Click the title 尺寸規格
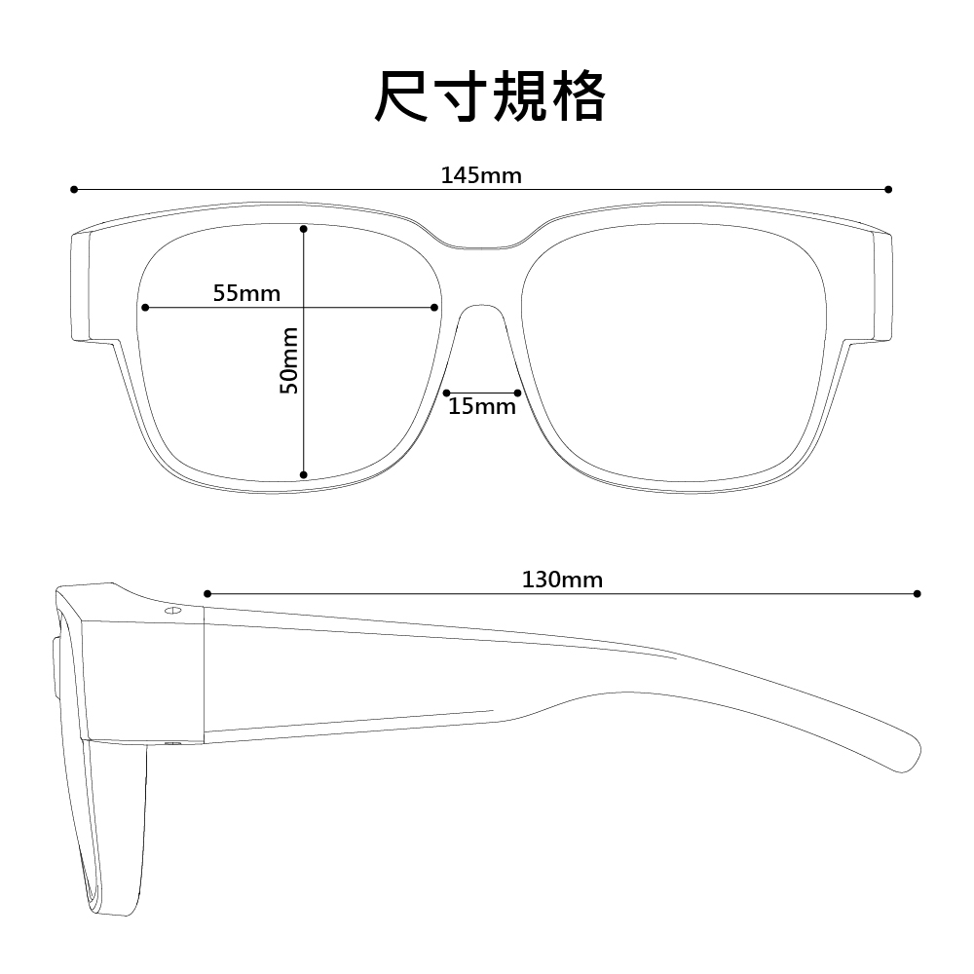pyautogui.click(x=490, y=96)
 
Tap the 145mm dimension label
pyautogui.click(x=481, y=175)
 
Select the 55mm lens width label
pyautogui.click(x=246, y=293)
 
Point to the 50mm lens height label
pyautogui.click(x=289, y=360)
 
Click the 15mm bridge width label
pyautogui.click(x=482, y=407)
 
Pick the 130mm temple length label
pyautogui.click(x=562, y=580)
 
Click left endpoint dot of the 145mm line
pyautogui.click(x=74, y=190)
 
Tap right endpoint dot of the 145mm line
pyautogui.click(x=888, y=190)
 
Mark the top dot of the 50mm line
pyautogui.click(x=304, y=229)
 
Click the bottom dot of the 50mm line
pyautogui.click(x=304, y=475)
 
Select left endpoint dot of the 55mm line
pyautogui.click(x=145, y=308)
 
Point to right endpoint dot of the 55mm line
pyautogui.click(x=434, y=308)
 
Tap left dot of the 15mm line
pyautogui.click(x=447, y=393)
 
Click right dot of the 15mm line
pyautogui.click(x=518, y=393)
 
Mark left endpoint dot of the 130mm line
pyautogui.click(x=207, y=594)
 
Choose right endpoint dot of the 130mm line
pyautogui.click(x=918, y=594)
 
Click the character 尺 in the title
pyautogui.click(x=400, y=96)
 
